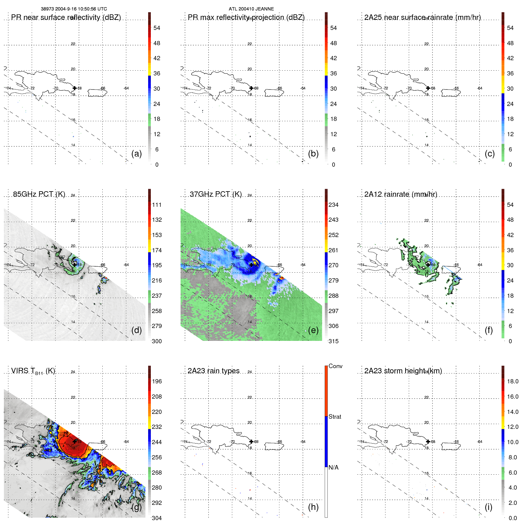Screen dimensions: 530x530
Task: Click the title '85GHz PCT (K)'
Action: point(39,194)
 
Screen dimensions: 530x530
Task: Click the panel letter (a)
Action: point(136,154)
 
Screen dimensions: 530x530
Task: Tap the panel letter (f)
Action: point(489,330)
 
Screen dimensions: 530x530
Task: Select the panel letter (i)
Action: point(489,507)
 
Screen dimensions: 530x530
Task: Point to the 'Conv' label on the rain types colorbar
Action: point(335,366)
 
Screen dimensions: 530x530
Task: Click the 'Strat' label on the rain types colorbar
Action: point(335,417)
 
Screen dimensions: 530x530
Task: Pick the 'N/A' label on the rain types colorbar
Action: point(333,467)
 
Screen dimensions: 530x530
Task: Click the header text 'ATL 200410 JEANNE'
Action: point(251,9)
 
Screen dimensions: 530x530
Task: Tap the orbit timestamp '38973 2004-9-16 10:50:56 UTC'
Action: point(74,9)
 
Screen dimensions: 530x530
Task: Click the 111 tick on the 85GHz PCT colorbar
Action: point(157,205)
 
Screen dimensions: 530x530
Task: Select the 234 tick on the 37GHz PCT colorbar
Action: point(333,205)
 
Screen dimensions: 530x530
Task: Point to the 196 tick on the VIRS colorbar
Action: point(157,381)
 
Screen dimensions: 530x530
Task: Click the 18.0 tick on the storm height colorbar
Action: point(512,381)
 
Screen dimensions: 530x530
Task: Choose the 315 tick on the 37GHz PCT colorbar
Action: point(333,341)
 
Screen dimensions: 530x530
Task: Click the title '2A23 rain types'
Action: point(213,371)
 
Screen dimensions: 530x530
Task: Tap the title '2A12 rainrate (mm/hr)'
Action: point(401,194)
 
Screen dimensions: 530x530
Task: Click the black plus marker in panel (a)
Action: point(75,88)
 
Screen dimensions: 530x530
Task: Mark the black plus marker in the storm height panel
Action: point(428,441)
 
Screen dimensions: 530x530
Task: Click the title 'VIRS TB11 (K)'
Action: point(33,371)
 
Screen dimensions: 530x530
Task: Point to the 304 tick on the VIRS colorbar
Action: point(157,518)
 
